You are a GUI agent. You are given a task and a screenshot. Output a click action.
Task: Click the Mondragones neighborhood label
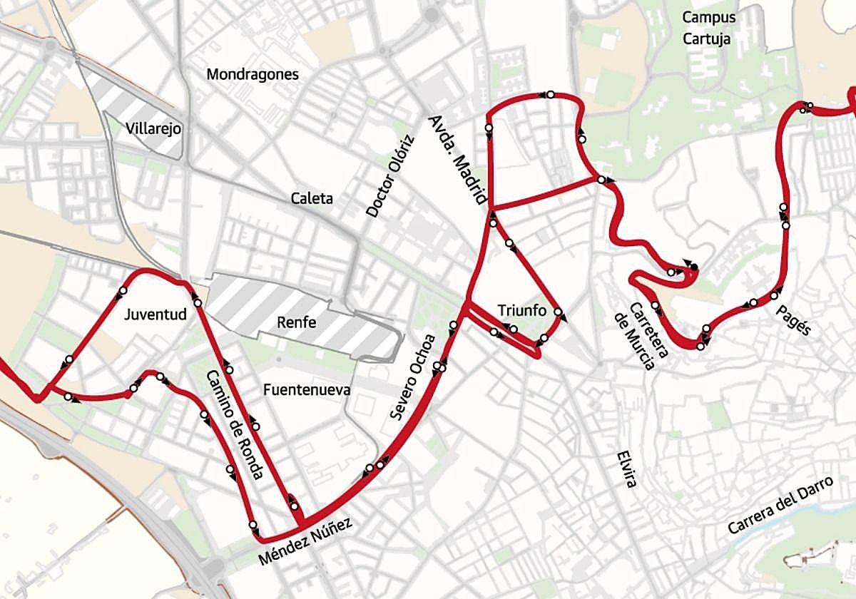[x=252, y=74]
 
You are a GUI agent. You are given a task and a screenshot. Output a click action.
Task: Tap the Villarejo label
[x=153, y=129]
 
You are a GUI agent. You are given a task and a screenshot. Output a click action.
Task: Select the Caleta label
[x=312, y=198]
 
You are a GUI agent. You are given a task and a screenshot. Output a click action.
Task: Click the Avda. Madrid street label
[x=458, y=160]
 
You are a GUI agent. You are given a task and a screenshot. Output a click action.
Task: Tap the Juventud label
[x=155, y=314]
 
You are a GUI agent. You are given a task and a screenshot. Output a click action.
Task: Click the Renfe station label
[x=297, y=322]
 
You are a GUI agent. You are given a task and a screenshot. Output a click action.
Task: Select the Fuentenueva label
[x=306, y=390]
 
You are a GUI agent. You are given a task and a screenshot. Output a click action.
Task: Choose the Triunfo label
[x=521, y=311]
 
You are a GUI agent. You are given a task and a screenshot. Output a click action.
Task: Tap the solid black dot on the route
[x=694, y=267]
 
